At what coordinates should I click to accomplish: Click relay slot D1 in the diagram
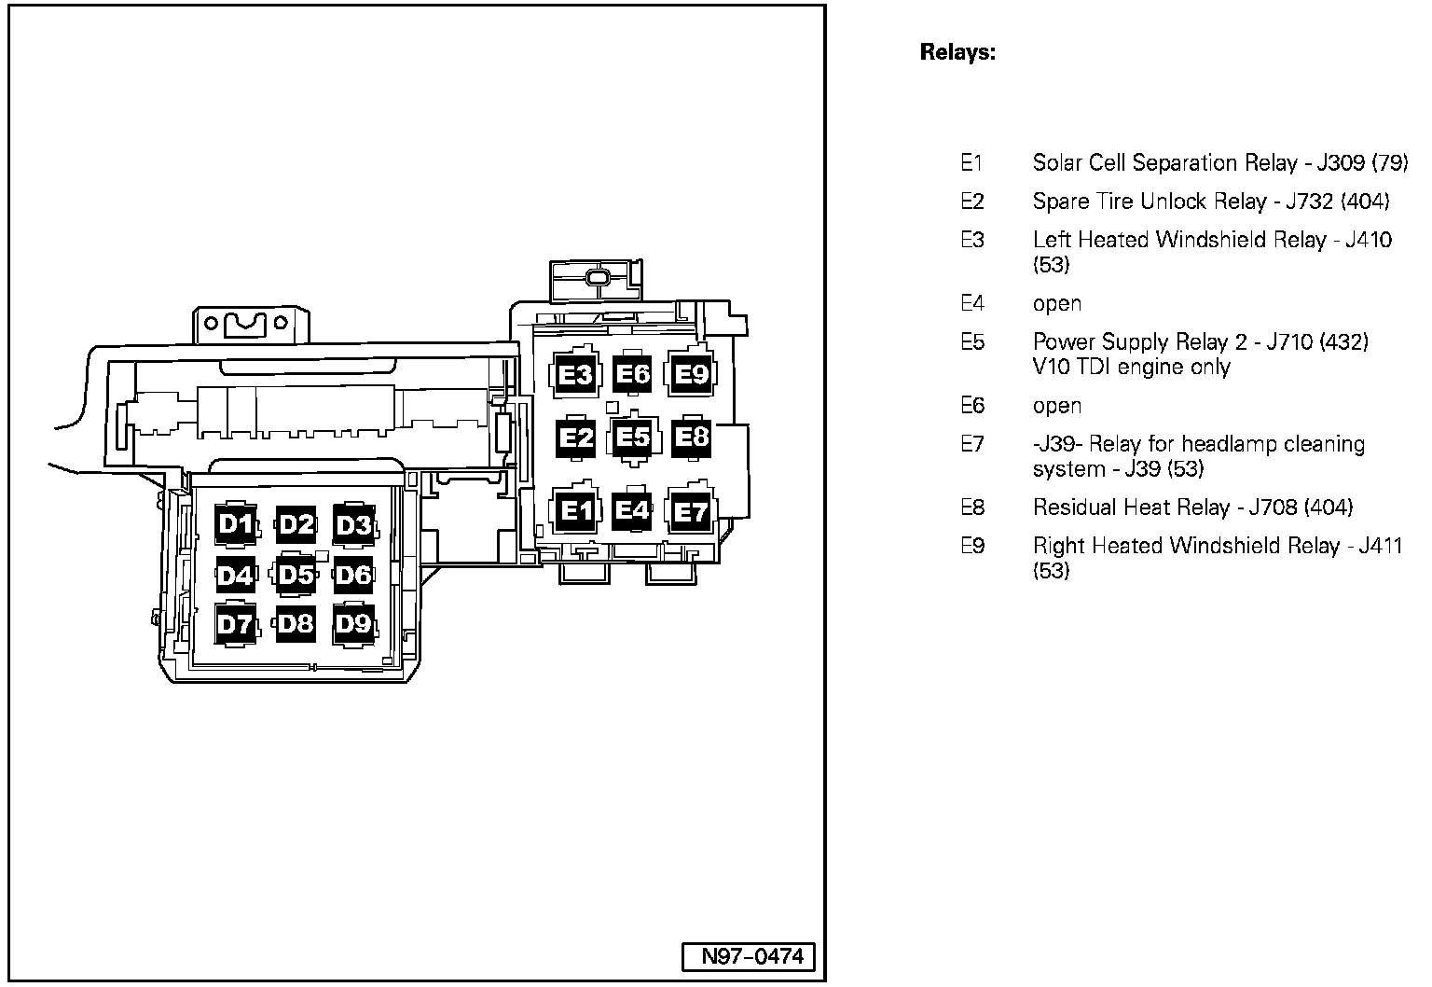click(236, 524)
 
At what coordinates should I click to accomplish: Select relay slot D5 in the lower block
click(296, 575)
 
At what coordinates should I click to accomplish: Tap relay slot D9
click(353, 623)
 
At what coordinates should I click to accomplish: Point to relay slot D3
click(353, 525)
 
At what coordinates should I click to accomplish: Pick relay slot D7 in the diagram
click(236, 624)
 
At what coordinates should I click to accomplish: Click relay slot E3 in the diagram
click(574, 375)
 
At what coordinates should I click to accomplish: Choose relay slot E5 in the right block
click(633, 437)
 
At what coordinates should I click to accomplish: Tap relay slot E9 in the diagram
click(691, 374)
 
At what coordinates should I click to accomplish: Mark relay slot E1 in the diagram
click(574, 511)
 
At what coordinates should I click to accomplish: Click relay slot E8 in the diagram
click(691, 436)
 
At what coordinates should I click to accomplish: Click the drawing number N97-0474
click(745, 956)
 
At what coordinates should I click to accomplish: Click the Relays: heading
click(957, 52)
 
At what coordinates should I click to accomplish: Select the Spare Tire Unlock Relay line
click(1210, 202)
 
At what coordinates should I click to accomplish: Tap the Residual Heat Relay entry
click(1191, 507)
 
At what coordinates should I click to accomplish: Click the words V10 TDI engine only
click(1131, 367)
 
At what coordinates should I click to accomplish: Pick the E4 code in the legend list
click(971, 303)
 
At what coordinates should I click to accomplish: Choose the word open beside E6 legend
click(1056, 406)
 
